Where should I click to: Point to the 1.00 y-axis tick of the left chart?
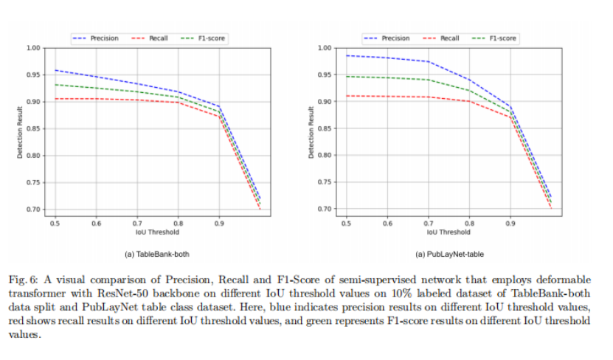tap(34, 48)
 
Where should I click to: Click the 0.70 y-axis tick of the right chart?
tap(325, 210)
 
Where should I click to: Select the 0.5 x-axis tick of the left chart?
tap(55, 222)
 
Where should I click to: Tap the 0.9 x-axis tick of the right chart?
tap(509, 222)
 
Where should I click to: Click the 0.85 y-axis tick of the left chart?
tap(34, 129)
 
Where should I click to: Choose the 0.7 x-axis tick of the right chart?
tap(428, 222)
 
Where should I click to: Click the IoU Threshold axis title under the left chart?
tap(157, 232)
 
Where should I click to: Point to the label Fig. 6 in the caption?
tap(23, 281)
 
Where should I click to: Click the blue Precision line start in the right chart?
tap(346, 55)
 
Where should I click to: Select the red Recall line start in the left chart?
tap(55, 99)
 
